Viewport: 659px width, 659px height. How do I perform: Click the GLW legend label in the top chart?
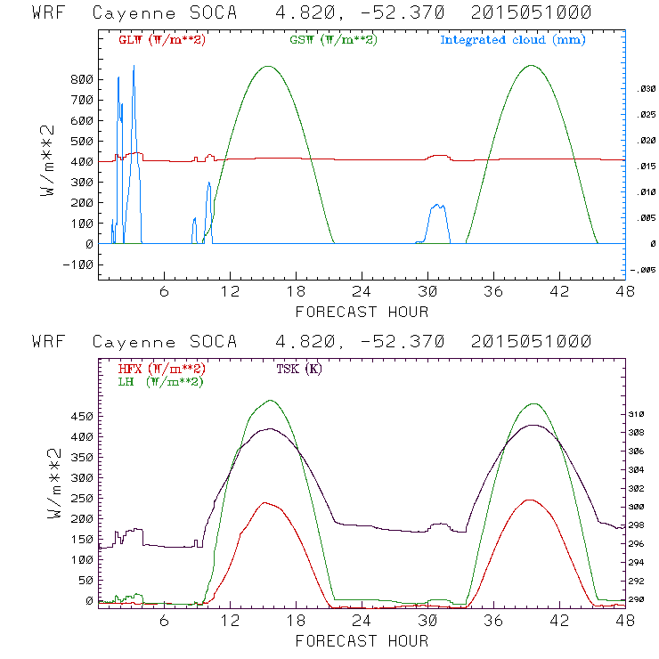point(161,40)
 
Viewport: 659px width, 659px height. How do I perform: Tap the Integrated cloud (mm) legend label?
point(512,40)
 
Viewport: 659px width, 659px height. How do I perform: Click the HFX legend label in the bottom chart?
point(161,369)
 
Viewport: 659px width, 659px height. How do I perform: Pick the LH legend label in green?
point(161,381)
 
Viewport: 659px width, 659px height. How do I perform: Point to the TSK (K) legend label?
point(299,369)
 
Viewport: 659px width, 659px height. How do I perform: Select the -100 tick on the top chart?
point(78,264)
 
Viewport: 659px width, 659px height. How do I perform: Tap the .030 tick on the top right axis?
point(644,89)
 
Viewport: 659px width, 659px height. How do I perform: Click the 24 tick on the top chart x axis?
point(362,292)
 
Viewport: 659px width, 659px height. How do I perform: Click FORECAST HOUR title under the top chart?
point(362,312)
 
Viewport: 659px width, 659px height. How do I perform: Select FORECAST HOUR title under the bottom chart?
point(362,640)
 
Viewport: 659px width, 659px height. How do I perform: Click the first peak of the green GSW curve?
point(268,66)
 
